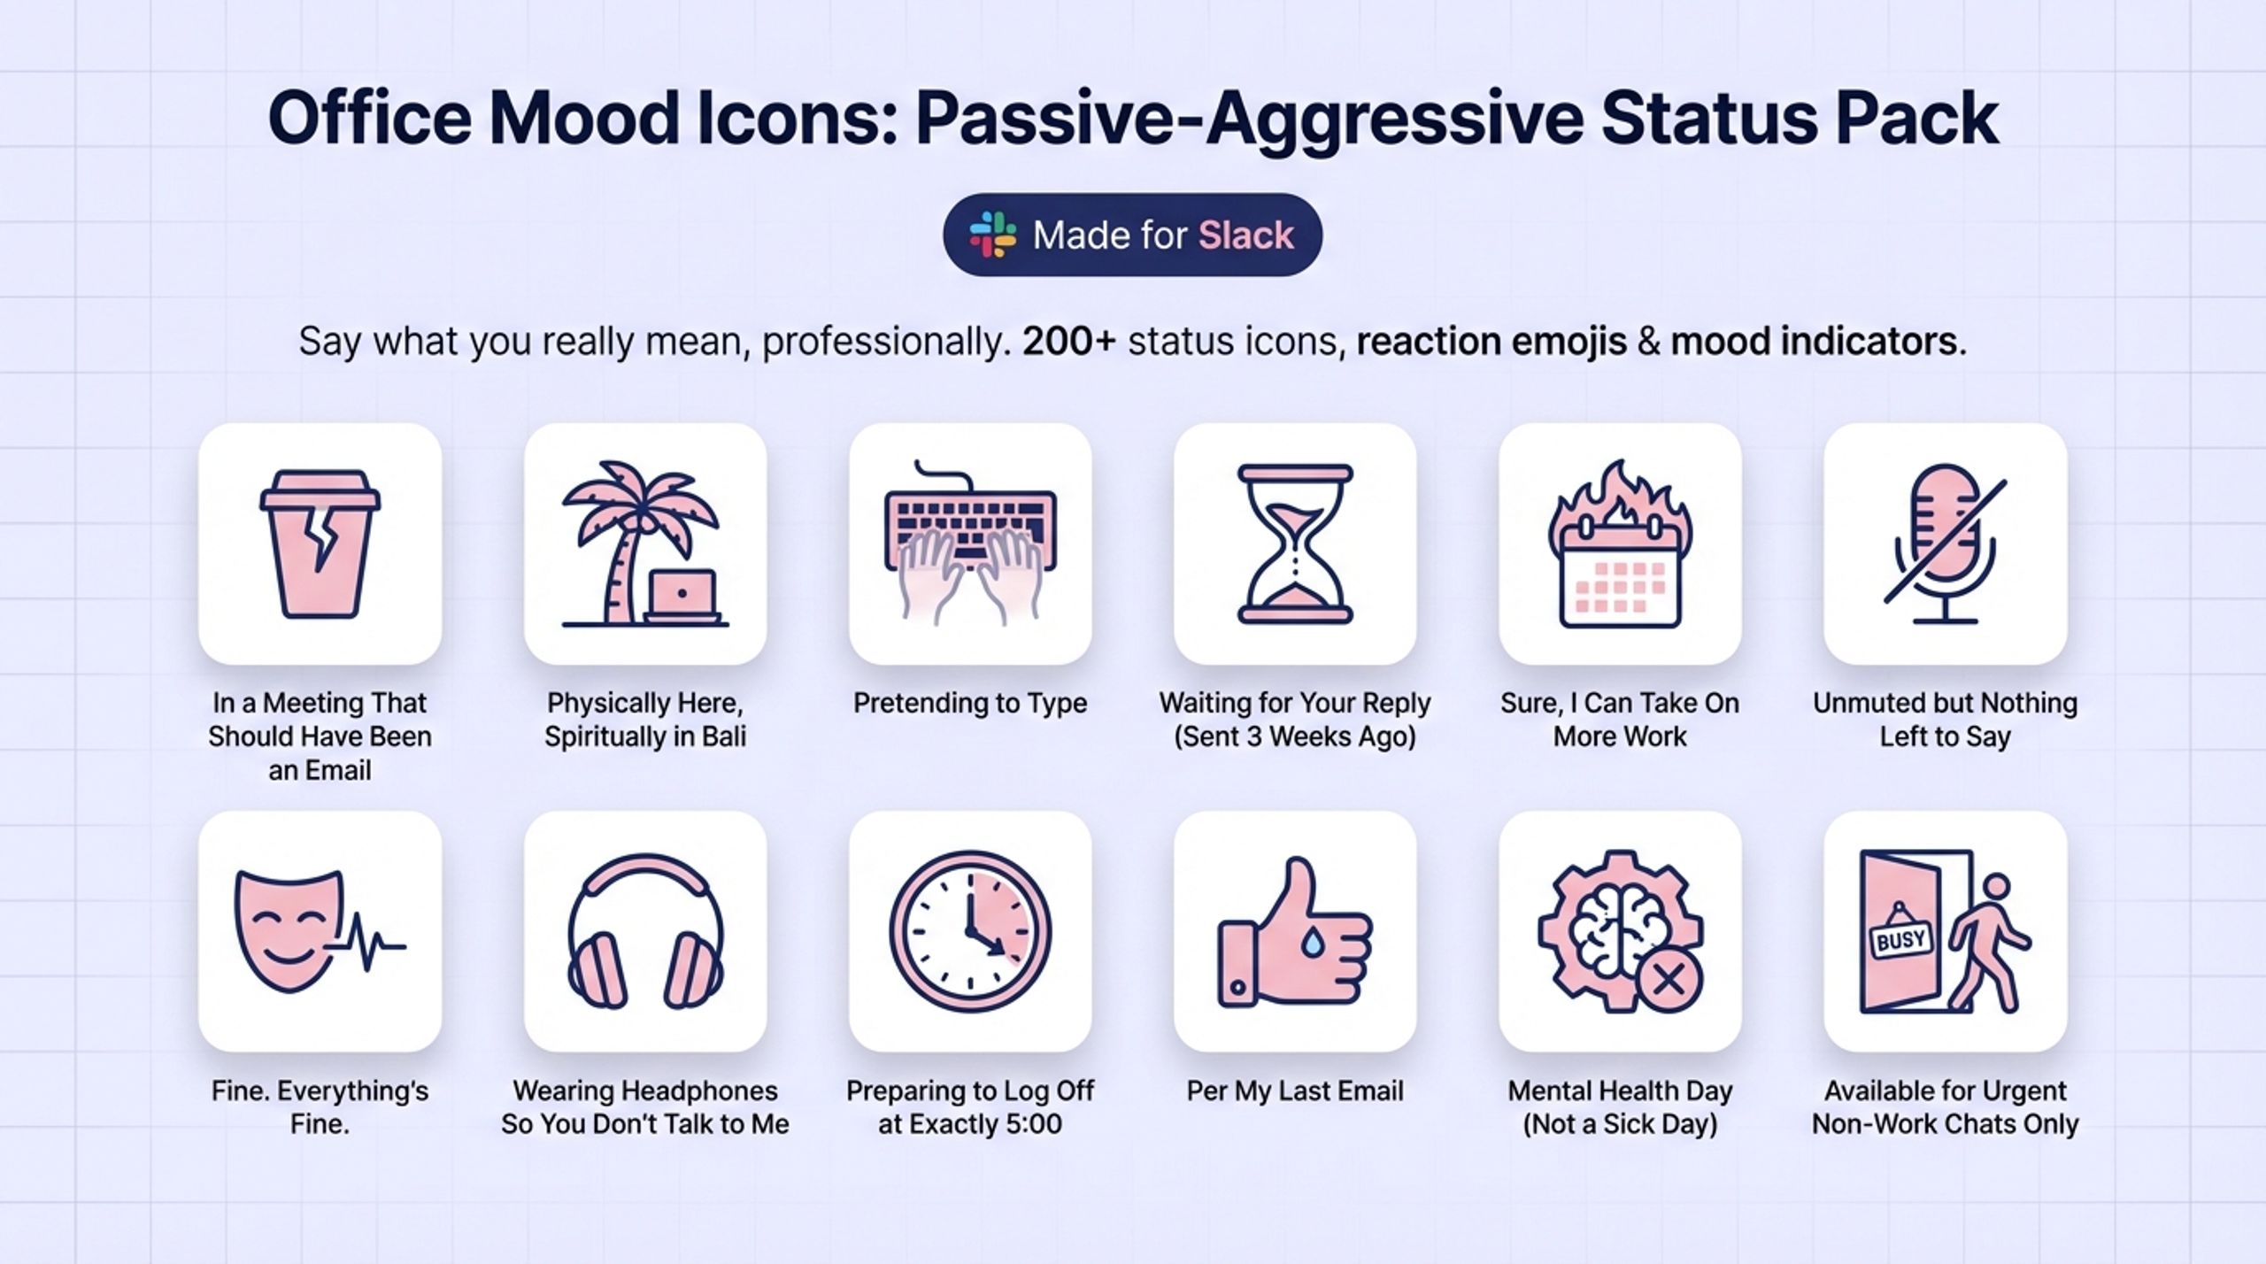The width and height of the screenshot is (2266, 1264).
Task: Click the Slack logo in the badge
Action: [x=992, y=235]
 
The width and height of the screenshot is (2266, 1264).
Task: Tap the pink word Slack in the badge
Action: [x=1245, y=235]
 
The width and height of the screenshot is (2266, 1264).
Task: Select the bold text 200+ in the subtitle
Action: [x=1068, y=342]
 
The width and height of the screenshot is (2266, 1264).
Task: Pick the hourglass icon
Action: [x=1295, y=543]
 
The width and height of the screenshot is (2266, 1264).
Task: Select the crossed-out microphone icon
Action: [x=1945, y=543]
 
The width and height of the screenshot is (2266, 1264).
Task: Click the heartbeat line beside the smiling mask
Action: [x=367, y=944]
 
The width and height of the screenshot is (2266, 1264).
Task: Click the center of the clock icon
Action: [x=970, y=931]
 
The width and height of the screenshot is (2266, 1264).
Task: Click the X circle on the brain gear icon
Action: [x=1669, y=980]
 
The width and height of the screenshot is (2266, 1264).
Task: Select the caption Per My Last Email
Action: [x=1295, y=1091]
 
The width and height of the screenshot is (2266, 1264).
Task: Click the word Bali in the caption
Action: [x=724, y=736]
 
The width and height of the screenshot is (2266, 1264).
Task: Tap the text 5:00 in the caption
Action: [x=1032, y=1124]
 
